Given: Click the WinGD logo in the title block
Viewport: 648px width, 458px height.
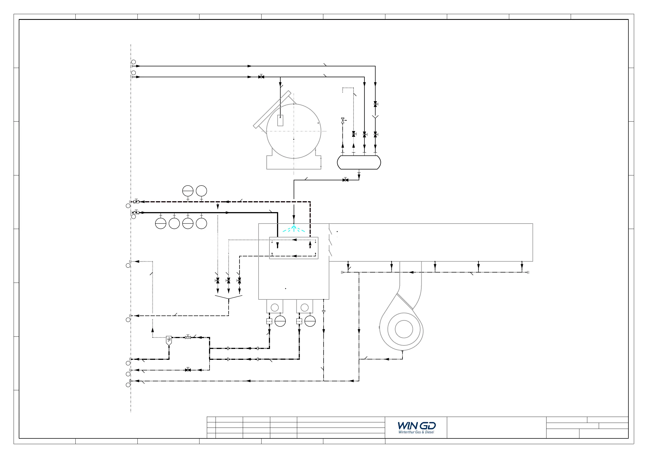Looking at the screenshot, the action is (417, 426).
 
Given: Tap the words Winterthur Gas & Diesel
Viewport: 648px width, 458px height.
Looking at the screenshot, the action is (416, 432).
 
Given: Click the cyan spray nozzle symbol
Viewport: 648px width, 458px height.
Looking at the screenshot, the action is (294, 228).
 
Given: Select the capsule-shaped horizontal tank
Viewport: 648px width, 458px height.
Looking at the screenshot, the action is (359, 162).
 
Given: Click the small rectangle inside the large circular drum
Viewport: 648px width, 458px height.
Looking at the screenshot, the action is (280, 120).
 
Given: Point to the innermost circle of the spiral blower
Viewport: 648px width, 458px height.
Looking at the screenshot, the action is (404, 329).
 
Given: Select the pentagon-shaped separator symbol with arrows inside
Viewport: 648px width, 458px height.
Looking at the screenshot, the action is (169, 341).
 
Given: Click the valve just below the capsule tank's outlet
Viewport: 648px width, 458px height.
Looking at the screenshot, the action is (345, 180).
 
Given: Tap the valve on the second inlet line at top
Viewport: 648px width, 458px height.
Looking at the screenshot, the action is (261, 76).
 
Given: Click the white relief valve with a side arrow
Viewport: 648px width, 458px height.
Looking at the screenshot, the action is (343, 120).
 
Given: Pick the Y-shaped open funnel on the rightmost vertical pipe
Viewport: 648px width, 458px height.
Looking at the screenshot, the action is (375, 117).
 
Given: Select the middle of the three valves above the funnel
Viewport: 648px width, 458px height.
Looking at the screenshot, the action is (229, 281).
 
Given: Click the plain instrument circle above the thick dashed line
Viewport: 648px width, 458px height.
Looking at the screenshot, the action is (201, 191).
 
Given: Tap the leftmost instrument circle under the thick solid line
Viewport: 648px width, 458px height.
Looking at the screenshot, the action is (161, 223).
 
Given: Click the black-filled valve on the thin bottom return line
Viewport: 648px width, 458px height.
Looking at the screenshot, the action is (188, 370).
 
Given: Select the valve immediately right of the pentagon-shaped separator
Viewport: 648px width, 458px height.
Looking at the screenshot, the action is (188, 337).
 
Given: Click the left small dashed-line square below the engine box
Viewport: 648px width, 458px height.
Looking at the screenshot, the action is (269, 321).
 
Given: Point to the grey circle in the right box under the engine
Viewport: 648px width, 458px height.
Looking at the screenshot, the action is (305, 307).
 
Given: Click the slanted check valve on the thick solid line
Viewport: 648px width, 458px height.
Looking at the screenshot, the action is (136, 212).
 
